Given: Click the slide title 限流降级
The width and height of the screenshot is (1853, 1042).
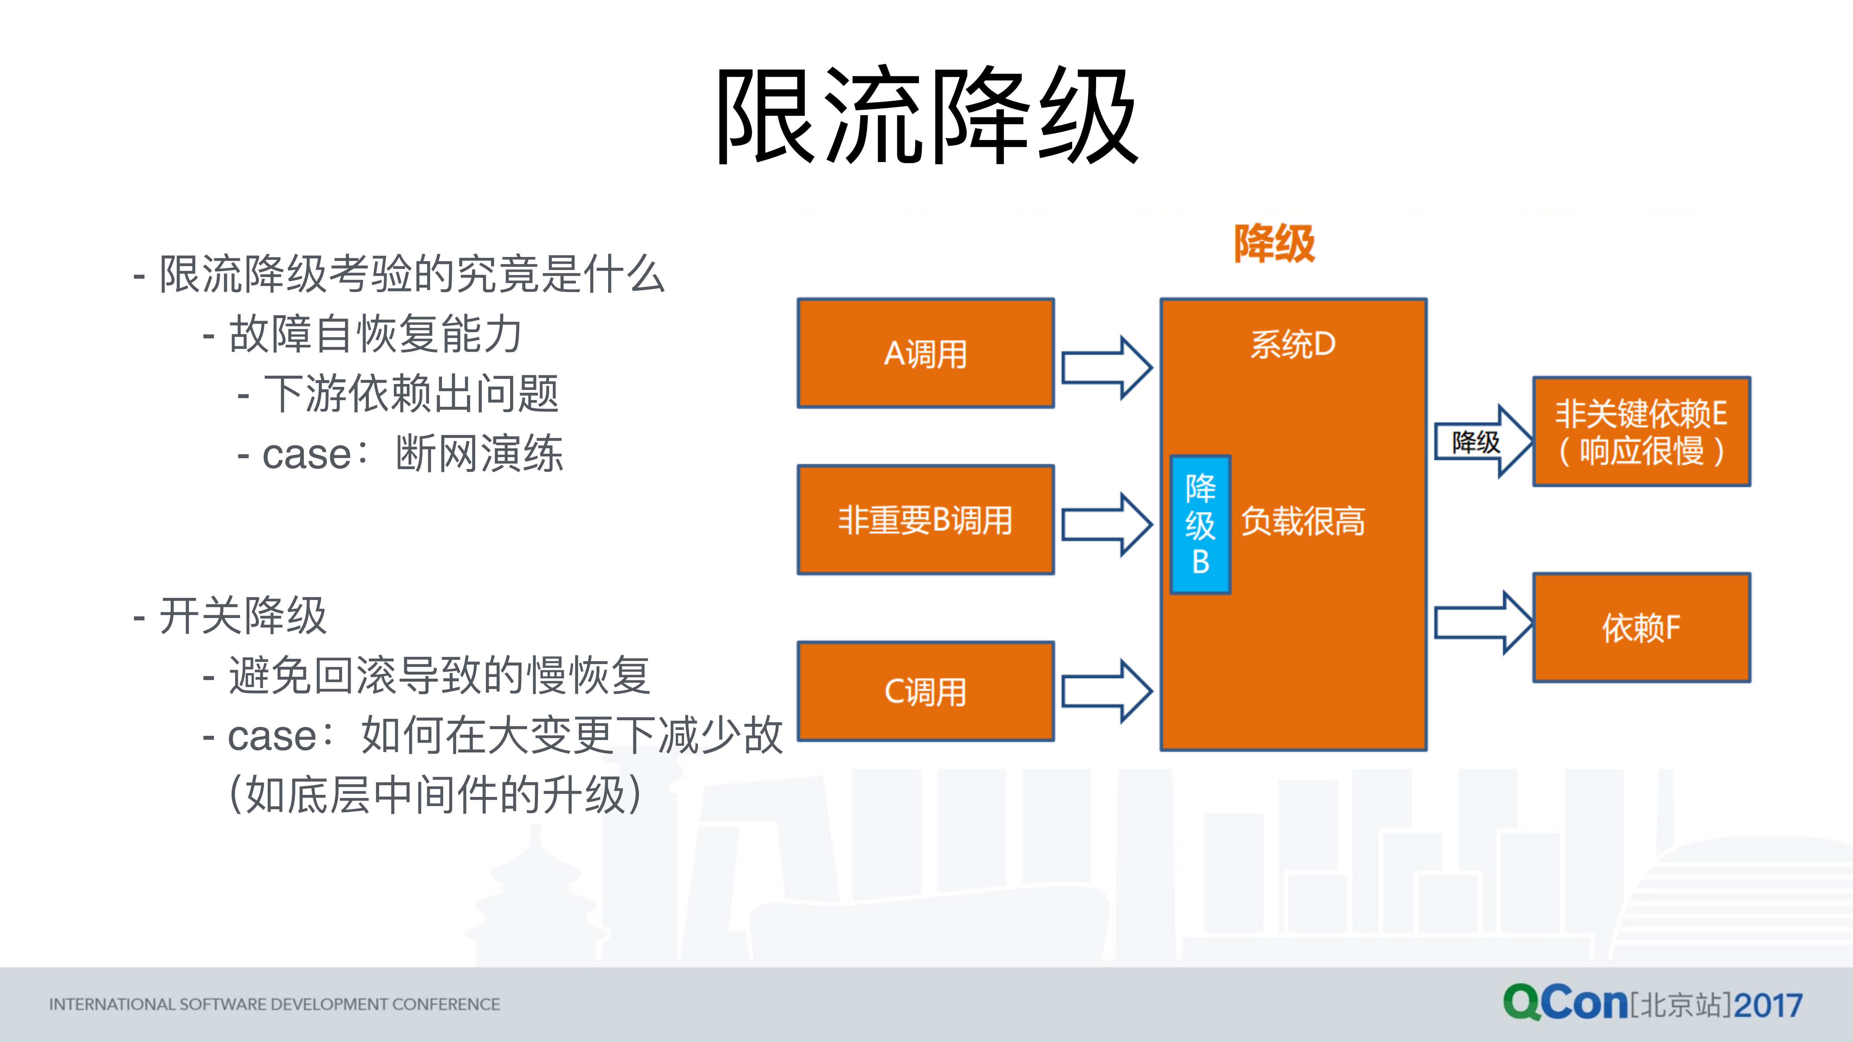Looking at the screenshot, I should [x=927, y=115].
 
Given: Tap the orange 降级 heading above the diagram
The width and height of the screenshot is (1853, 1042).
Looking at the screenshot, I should [x=1274, y=244].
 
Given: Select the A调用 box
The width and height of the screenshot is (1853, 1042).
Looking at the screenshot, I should [x=926, y=353].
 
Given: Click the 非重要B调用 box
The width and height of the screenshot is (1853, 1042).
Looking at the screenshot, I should [x=926, y=519].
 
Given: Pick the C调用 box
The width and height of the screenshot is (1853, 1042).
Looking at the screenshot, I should [x=926, y=691].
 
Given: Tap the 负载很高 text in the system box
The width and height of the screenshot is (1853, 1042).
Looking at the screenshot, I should [x=1303, y=521].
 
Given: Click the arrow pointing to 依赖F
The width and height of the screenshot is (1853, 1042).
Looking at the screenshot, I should [x=1482, y=623].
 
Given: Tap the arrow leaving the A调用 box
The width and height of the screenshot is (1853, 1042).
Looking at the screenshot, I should [x=1106, y=367].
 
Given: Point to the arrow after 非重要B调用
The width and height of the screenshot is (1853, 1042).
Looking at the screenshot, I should [x=1106, y=524].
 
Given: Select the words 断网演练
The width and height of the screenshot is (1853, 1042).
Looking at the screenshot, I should [x=479, y=454].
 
